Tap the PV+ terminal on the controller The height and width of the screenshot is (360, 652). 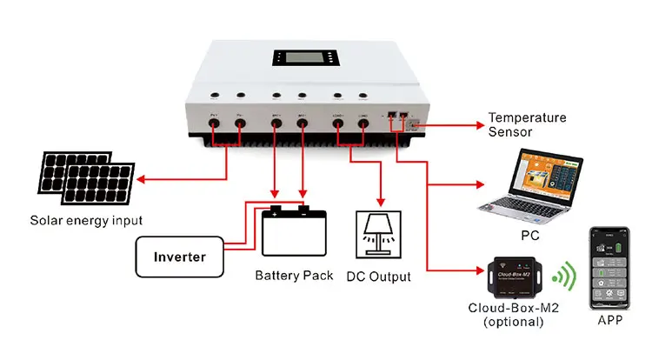click(214, 124)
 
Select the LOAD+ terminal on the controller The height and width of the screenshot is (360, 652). click(338, 124)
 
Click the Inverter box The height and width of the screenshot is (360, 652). click(180, 257)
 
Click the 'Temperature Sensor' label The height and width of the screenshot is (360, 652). click(527, 124)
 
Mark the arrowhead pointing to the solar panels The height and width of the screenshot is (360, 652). click(141, 182)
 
